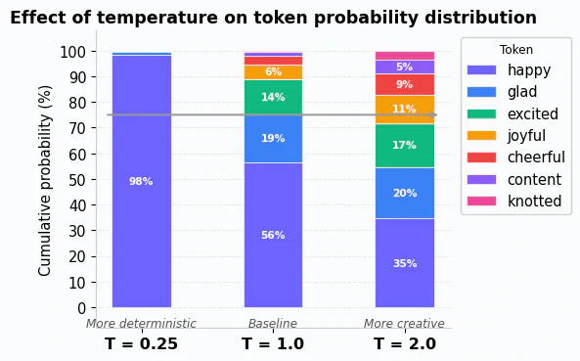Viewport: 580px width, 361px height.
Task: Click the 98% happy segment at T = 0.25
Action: point(141,181)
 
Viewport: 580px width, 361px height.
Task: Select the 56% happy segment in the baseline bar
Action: point(273,235)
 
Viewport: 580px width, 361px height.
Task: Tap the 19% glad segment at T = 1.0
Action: point(273,138)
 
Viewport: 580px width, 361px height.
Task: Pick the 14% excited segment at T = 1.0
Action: point(273,97)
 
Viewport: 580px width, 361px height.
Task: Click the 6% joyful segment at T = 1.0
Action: point(273,72)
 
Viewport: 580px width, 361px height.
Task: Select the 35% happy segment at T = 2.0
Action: point(404,263)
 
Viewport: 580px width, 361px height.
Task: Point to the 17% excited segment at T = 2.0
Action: point(404,145)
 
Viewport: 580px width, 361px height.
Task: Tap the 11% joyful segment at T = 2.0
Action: point(404,109)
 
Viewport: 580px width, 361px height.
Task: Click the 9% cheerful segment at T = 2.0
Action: point(404,84)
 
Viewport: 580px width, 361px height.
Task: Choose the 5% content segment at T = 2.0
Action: point(404,68)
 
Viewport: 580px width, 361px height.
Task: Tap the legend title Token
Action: point(516,50)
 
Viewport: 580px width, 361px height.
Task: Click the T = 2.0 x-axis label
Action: point(404,344)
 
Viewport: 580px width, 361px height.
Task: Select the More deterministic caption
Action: point(141,324)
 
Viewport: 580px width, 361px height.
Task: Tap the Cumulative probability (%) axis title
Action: point(45,180)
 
